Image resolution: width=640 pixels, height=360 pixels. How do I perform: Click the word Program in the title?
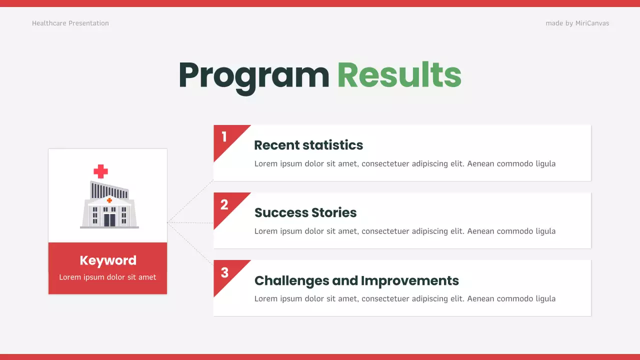253,75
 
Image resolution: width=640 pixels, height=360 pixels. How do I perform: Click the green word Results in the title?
399,75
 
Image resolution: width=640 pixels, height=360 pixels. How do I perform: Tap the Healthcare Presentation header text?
70,23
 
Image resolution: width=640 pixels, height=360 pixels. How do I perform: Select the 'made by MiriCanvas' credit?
577,23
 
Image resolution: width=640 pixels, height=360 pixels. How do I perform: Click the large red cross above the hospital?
100,171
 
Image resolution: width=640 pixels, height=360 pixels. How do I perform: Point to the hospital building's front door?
109,219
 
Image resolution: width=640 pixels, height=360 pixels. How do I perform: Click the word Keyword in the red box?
108,260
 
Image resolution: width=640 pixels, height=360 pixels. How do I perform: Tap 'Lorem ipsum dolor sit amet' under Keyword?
107,277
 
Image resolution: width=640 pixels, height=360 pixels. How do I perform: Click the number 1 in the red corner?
224,136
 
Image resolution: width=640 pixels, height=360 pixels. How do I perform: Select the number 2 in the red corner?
224,204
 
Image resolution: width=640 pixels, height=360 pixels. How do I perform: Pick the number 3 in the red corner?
224,272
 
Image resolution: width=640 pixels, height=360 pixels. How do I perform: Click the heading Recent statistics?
308,145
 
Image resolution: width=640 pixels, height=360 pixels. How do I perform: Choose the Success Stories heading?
305,212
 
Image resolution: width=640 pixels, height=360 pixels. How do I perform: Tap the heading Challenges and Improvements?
356,280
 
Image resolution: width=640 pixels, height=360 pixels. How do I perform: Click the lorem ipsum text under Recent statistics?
404,163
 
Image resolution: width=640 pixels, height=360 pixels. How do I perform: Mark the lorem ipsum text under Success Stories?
404,231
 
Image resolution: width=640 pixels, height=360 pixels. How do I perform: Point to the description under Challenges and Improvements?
404,298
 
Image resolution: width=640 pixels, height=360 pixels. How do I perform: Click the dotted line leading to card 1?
190,201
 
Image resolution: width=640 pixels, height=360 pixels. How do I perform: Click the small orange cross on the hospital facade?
109,200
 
